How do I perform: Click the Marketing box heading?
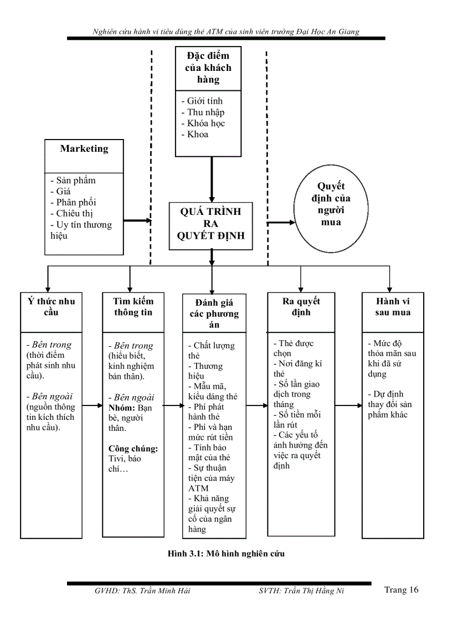coord(84,148)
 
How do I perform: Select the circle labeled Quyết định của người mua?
coord(331,204)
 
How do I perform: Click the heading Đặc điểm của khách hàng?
coord(208,68)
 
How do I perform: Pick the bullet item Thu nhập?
coord(203,112)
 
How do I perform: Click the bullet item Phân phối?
coord(73,202)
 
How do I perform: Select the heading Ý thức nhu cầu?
coord(51,307)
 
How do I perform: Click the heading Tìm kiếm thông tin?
coord(133,307)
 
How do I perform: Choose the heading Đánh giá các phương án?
coord(214,313)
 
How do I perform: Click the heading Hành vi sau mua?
coord(393,307)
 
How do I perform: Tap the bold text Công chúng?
coord(133,449)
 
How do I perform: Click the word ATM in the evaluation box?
coord(198,489)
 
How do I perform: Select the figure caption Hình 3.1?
coord(226,553)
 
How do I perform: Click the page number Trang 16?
coord(401,590)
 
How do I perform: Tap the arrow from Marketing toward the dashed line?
coord(136,220)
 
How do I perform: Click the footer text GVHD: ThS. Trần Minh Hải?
coord(142,591)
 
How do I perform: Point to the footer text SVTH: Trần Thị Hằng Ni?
coord(301,591)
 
